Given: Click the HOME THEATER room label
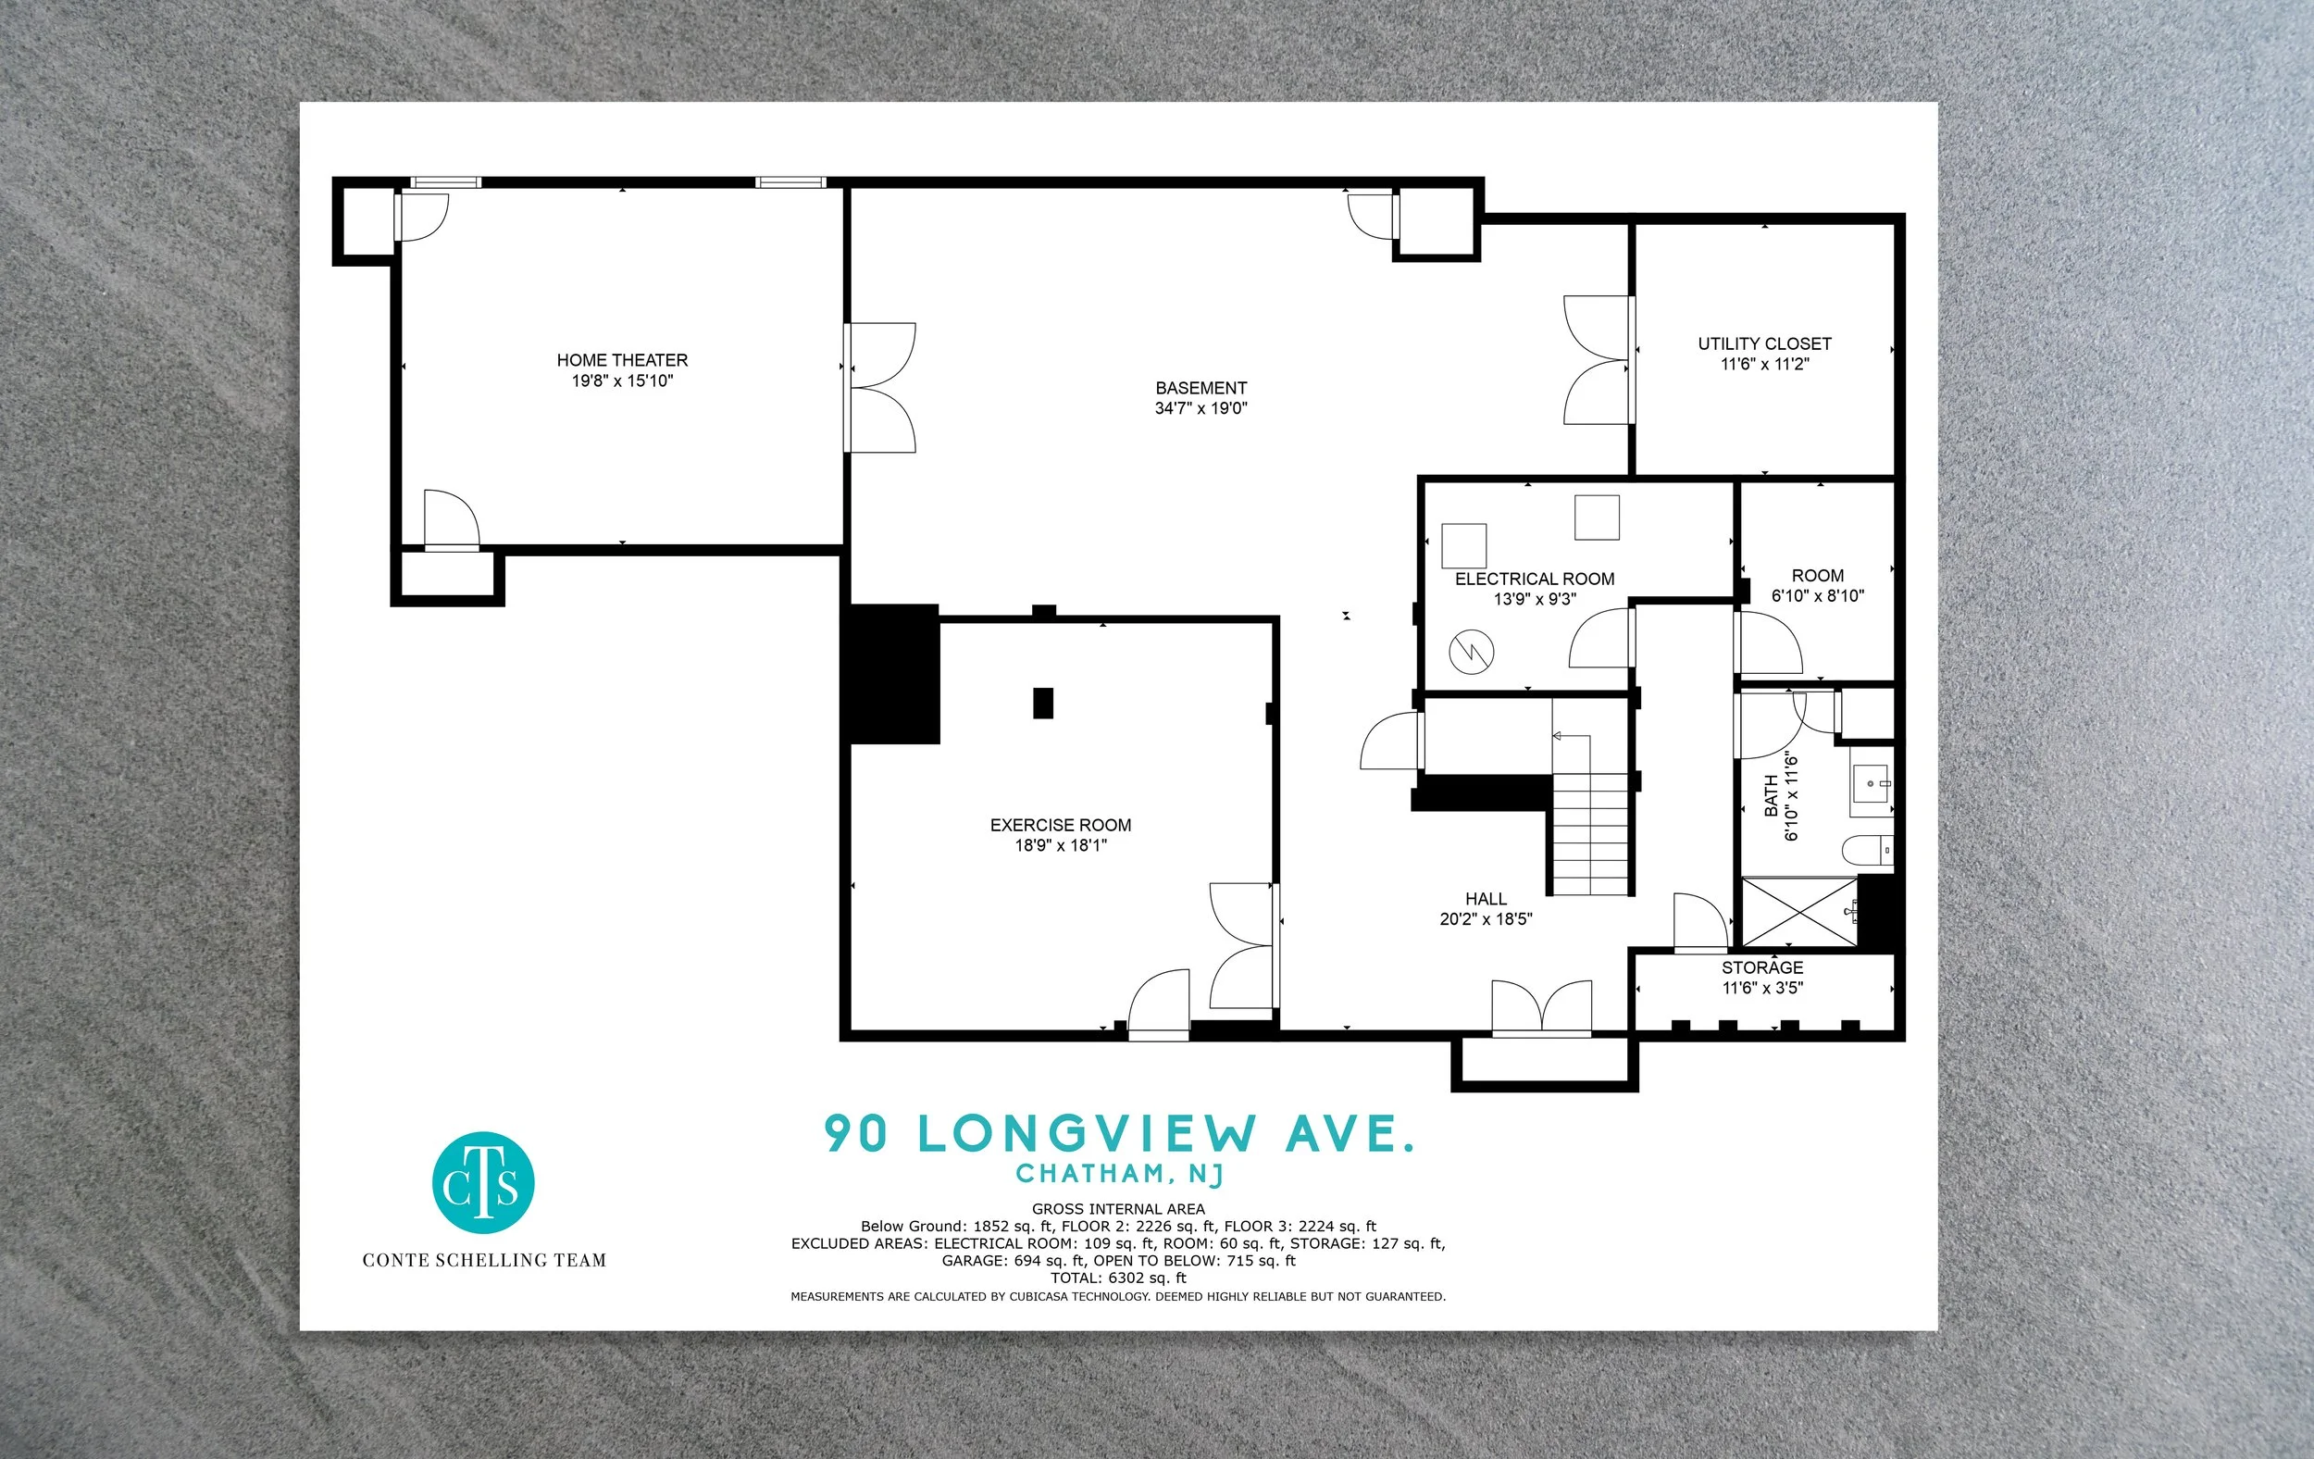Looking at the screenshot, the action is click(x=622, y=360).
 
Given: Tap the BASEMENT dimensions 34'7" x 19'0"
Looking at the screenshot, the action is click(x=1201, y=408).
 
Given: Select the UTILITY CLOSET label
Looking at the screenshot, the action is click(x=1764, y=344).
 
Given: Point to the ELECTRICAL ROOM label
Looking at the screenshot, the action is click(x=1535, y=580).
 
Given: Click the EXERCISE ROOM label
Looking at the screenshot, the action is click(x=1061, y=826).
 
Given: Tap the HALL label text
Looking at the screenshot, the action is click(x=1486, y=900).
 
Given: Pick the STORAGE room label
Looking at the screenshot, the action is click(x=1762, y=967).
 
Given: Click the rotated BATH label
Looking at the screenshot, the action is click(x=1771, y=797).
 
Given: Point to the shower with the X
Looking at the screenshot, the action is click(x=1799, y=911).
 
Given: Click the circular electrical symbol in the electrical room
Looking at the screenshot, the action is click(x=1471, y=653).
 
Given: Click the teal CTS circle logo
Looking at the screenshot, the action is click(x=483, y=1183).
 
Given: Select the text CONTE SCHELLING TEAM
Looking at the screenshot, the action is click(x=484, y=1260).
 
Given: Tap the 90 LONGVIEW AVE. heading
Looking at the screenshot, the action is click(x=1120, y=1134).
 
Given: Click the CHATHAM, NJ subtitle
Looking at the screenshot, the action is click(x=1120, y=1174).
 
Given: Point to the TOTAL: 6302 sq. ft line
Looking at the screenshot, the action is click(x=1118, y=1278).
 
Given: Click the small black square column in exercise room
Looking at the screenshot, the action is click(x=1042, y=704).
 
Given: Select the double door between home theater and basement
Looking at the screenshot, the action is click(x=880, y=387).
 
